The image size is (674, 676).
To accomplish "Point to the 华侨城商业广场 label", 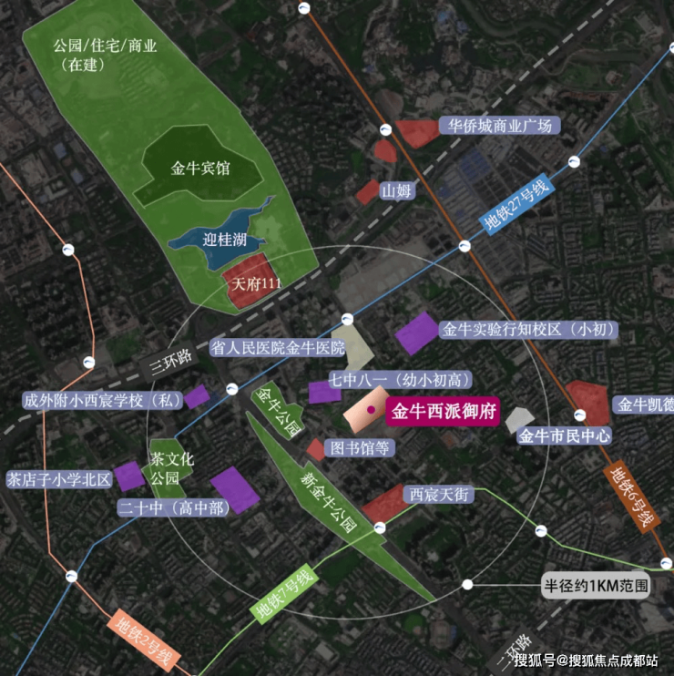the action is click(495, 126).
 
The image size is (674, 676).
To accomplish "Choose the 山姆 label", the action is click(396, 190).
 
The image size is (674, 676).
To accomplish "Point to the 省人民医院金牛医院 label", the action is click(278, 347).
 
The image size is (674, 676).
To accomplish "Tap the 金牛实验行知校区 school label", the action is click(528, 330).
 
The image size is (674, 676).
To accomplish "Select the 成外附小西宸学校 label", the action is click(101, 400).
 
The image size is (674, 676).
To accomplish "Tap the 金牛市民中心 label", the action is click(564, 435).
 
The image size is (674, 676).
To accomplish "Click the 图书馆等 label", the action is click(360, 447).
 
